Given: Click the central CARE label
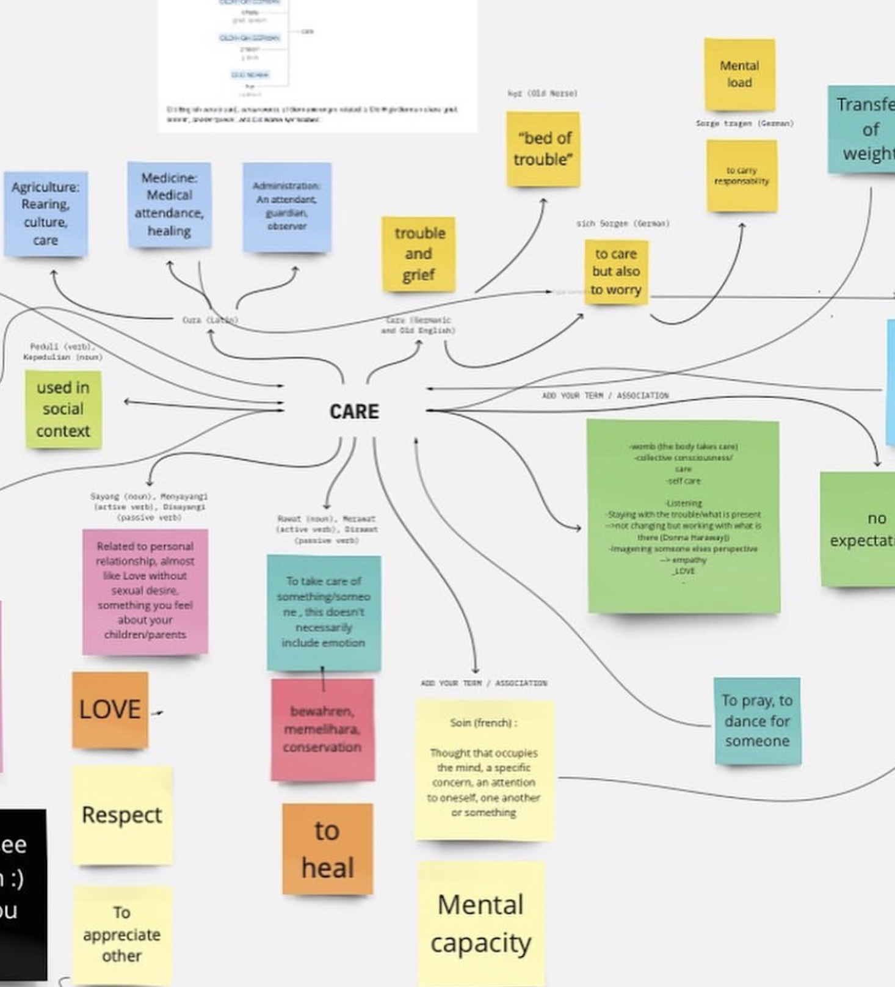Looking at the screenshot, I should point(354,412).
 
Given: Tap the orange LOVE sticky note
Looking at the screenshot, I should point(110,710).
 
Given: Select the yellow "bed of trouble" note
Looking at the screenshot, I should point(543,149).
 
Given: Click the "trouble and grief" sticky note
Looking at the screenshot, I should point(419,254).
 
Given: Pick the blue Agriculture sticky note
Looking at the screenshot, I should point(46,213).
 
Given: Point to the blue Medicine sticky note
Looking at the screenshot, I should point(169,205).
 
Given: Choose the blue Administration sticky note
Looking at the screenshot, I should point(287,206).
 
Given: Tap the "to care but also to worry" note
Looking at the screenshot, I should point(616,272).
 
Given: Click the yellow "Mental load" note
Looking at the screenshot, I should point(739,75).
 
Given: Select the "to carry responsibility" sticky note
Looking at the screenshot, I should point(742,176).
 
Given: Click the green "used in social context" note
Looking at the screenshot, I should point(63,409).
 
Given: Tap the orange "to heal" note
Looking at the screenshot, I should point(327,849).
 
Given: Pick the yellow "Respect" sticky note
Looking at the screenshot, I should point(122,815).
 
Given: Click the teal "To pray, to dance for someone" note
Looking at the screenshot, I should point(757,721).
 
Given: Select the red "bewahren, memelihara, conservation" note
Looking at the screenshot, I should point(322,729).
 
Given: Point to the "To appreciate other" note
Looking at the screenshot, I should point(122,934).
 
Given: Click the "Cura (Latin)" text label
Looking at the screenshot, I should point(210,319).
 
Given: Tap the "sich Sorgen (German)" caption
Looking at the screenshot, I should point(623,224).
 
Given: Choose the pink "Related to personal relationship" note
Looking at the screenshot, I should point(145,591).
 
